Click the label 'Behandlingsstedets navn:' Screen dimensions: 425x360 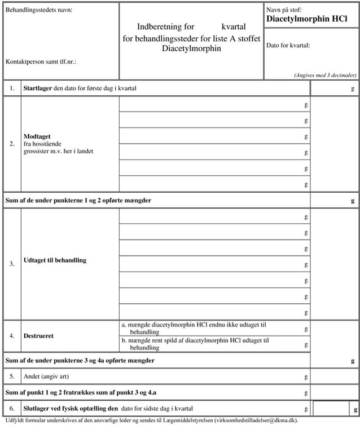[39, 11]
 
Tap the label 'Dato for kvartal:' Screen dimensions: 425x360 [288, 46]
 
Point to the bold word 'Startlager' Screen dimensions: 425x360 [38, 88]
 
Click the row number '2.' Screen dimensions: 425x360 [12, 144]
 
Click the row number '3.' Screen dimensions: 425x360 [12, 263]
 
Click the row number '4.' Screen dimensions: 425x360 [12, 336]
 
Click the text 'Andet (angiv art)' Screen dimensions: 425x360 [47, 375]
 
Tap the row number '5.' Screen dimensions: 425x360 [12, 375]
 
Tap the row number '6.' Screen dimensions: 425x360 [12, 408]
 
